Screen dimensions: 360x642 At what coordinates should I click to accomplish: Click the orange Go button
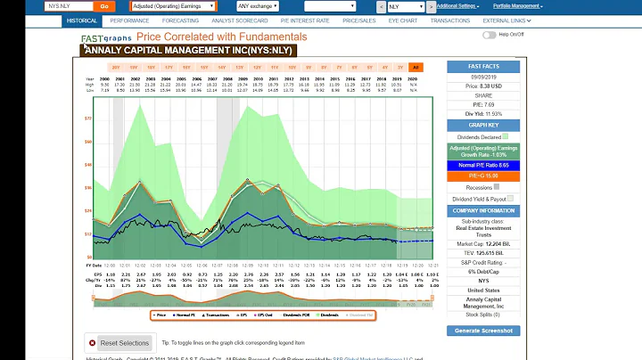(105, 5)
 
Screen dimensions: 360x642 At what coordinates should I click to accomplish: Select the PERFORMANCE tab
(130, 19)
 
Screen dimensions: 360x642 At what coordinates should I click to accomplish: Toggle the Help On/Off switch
(489, 35)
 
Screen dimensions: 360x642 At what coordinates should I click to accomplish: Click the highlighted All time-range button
(416, 67)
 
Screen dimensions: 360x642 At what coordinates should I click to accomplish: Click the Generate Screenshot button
(483, 330)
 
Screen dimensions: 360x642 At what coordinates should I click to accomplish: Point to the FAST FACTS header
(483, 66)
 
